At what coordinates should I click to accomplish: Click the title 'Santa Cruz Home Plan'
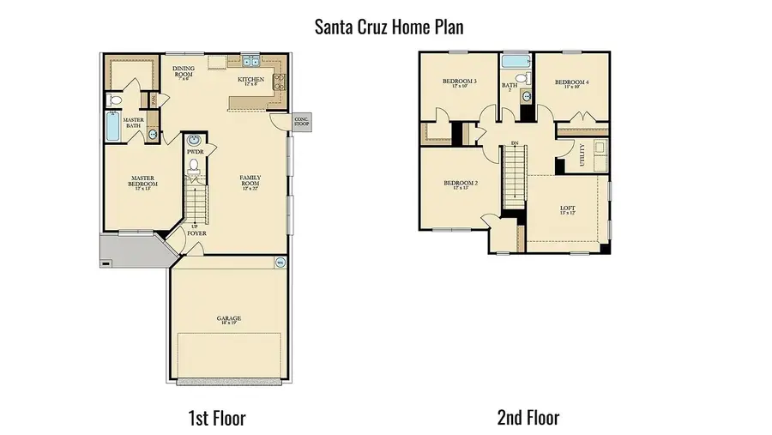click(x=389, y=27)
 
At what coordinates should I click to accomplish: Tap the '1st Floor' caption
click(x=216, y=418)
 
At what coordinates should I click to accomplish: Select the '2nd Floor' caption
click(x=528, y=418)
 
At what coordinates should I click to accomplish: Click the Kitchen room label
click(x=250, y=82)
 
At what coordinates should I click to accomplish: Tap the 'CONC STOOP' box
click(x=302, y=122)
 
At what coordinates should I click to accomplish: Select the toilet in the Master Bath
click(x=116, y=100)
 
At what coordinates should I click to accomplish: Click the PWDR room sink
click(x=194, y=140)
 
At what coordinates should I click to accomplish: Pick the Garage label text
click(x=228, y=319)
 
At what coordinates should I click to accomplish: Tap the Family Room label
click(x=250, y=181)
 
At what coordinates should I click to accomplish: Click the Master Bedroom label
click(x=142, y=181)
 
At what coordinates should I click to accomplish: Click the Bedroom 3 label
click(x=459, y=83)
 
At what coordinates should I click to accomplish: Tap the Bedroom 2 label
click(x=461, y=184)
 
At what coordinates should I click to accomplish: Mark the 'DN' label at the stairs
click(x=514, y=142)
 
